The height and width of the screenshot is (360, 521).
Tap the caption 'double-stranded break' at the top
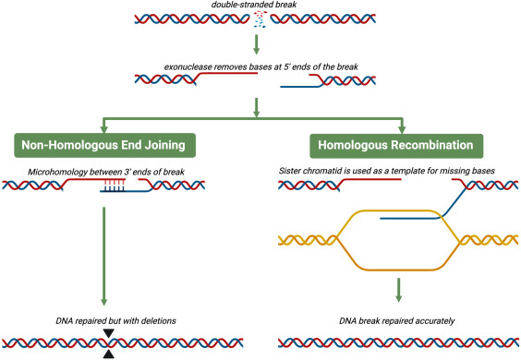(260, 6)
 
